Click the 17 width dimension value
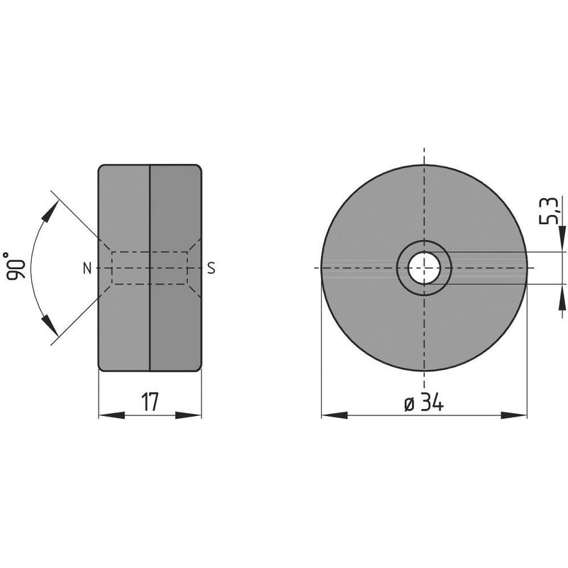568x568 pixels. click(150, 402)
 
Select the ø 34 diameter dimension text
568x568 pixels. click(424, 403)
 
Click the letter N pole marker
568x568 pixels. click(87, 268)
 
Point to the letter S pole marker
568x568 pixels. click(211, 268)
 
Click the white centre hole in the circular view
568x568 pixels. click(424, 268)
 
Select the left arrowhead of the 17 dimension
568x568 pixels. click(111, 415)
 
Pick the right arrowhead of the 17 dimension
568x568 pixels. click(188, 415)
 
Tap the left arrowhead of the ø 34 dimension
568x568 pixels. click(334, 415)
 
